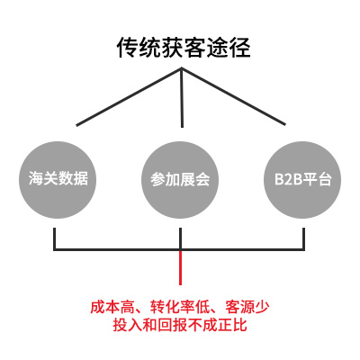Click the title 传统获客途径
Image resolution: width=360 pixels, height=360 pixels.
click(184, 48)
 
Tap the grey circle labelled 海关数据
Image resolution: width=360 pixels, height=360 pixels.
click(58, 180)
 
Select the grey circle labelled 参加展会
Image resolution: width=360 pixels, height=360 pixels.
click(180, 180)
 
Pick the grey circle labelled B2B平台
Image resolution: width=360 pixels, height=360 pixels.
click(302, 180)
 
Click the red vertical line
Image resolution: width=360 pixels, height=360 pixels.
click(180, 267)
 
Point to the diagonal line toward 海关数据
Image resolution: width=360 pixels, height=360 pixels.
click(129, 97)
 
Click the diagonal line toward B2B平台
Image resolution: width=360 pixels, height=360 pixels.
click(233, 96)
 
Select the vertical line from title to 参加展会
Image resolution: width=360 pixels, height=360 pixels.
click(182, 98)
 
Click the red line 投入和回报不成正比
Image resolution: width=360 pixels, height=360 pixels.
click(180, 325)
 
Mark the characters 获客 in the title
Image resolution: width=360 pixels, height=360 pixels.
click(172, 48)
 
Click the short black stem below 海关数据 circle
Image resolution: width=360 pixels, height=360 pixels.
click(55, 238)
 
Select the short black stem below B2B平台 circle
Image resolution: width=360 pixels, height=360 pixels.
click(303, 238)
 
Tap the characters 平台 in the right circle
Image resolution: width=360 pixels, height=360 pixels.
click(317, 179)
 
